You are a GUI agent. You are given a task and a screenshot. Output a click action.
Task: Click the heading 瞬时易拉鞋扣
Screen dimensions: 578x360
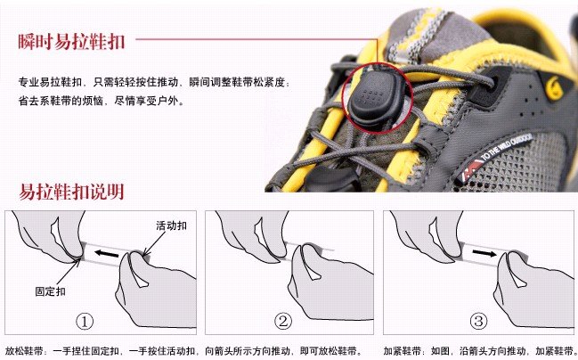[x=71, y=42]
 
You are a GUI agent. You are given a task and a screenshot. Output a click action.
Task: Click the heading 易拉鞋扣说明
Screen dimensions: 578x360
[x=71, y=192]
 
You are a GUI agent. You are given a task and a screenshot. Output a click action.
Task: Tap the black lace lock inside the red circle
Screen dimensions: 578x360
[x=373, y=97]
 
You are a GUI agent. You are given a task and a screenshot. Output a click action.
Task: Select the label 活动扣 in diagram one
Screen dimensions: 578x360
[x=171, y=225]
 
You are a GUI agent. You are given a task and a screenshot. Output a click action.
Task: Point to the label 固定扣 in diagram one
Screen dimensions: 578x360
[x=51, y=291]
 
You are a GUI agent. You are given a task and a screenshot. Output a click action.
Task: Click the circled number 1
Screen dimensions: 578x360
[x=85, y=322]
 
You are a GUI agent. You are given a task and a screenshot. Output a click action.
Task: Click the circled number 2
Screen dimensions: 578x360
[x=282, y=321]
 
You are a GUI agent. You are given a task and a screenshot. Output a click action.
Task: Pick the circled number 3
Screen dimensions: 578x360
[x=478, y=321]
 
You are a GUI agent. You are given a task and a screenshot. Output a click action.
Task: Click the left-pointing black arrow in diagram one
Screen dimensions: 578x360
[x=107, y=254]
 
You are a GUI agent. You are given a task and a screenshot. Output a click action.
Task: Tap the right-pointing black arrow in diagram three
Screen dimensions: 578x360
[x=484, y=253]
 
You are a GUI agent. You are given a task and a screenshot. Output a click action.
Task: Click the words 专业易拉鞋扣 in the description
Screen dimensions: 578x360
[x=50, y=82]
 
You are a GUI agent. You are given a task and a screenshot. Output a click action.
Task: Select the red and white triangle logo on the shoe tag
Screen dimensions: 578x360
[x=471, y=169]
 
